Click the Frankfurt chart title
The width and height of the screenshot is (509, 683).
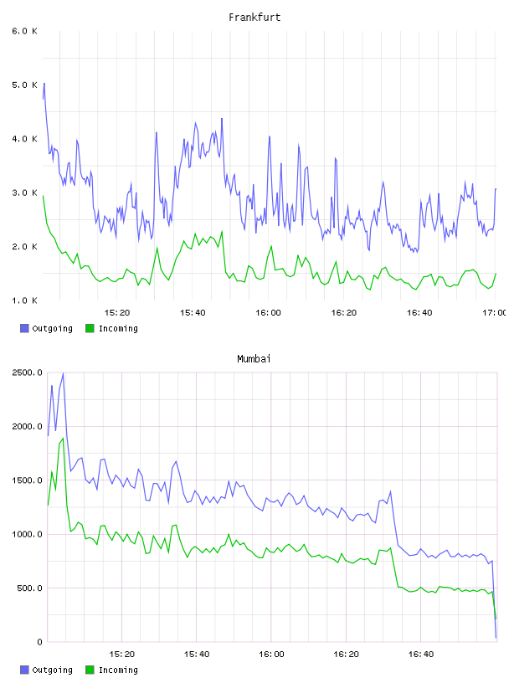pos(254,18)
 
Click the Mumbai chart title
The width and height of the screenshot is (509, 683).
pos(254,359)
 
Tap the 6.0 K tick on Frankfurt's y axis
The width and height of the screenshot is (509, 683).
pos(24,31)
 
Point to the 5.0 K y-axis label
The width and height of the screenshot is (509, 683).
pos(24,85)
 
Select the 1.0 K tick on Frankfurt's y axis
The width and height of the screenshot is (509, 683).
pos(24,300)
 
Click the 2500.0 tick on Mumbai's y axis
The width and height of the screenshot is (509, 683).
pos(27,372)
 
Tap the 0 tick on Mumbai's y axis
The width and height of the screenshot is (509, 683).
pos(39,642)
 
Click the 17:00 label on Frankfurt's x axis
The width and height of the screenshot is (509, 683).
pos(495,313)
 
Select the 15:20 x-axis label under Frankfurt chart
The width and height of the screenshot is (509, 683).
pos(117,313)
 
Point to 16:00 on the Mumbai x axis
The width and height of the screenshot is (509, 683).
pos(271,655)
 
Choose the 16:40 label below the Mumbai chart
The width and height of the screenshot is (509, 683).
pos(421,655)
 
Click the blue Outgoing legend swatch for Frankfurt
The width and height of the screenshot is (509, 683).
pos(24,328)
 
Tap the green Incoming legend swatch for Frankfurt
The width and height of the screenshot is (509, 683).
pos(90,328)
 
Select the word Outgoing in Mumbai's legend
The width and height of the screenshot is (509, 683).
pos(52,670)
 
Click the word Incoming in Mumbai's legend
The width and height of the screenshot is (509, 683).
pos(118,670)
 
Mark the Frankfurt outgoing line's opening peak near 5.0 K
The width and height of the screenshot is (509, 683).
pos(44,83)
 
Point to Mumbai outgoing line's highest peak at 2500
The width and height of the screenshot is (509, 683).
pos(63,373)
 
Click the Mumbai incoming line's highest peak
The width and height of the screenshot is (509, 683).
pos(63,439)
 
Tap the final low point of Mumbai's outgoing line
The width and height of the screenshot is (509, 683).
pos(496,638)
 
